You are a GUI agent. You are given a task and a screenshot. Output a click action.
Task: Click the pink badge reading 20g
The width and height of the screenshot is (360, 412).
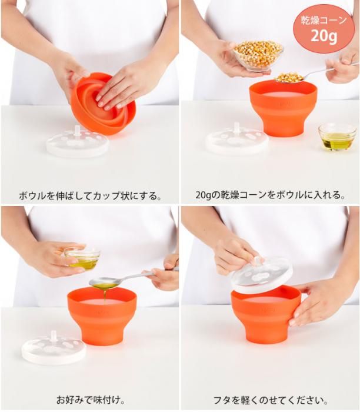coord(324,29)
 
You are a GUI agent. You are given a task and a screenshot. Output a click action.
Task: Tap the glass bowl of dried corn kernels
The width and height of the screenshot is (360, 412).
coord(258,56)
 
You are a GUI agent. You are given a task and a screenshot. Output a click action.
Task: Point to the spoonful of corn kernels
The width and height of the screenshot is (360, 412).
coord(289,78)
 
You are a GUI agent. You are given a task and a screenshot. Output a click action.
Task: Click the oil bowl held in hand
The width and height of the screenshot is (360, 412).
coord(82,258)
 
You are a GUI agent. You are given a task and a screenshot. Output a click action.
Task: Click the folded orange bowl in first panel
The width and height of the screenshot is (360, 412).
coord(103,104)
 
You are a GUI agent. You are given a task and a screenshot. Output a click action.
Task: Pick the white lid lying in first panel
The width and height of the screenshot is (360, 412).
coord(78,143)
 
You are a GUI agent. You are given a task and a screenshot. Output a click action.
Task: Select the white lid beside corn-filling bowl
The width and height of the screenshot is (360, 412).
coord(236,141)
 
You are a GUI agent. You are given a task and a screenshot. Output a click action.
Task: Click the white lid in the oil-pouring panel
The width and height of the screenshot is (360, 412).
coord(54,349)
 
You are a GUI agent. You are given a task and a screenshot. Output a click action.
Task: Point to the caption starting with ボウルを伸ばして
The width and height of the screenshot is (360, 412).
coord(90,196)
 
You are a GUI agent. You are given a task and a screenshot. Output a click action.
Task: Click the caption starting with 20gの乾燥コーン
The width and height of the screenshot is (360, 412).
coord(270,195)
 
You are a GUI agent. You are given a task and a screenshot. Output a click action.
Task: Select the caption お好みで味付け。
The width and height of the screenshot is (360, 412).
coord(91,400)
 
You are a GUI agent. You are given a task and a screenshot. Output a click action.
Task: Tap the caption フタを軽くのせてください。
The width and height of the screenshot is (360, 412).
coord(271,400)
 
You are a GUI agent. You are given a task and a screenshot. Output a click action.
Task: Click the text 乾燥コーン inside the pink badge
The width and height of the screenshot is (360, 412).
coord(324,20)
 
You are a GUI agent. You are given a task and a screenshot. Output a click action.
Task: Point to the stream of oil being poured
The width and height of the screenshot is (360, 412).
coord(105,296)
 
